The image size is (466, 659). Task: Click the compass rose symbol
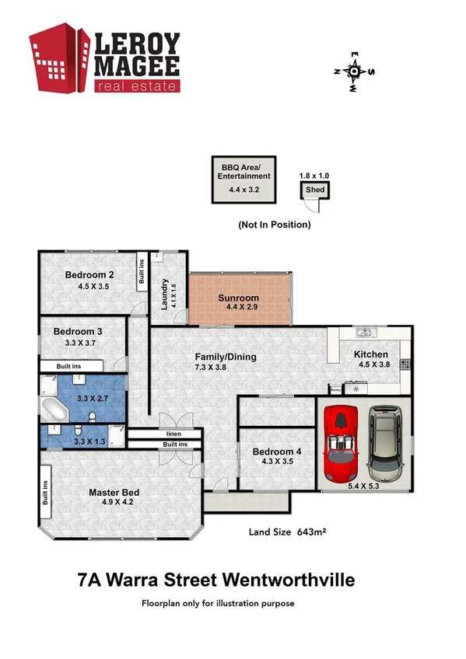pyautogui.click(x=354, y=71)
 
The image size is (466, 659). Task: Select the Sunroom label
pyautogui.click(x=238, y=298)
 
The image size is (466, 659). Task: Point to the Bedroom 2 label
pyautogui.click(x=90, y=274)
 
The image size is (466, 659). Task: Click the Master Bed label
pyautogui.click(x=114, y=492)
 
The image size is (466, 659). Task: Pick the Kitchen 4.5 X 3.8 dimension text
pyautogui.click(x=372, y=364)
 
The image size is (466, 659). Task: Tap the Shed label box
pyautogui.click(x=315, y=190)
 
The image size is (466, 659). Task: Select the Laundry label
pyautogui.click(x=165, y=295)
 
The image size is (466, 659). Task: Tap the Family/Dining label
pyautogui.click(x=226, y=357)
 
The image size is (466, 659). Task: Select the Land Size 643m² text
pyautogui.click(x=286, y=532)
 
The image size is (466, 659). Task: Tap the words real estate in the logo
pyautogui.click(x=138, y=85)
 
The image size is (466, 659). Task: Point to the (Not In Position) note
pyautogui.click(x=275, y=225)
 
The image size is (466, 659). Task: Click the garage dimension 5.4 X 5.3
pyautogui.click(x=364, y=486)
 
